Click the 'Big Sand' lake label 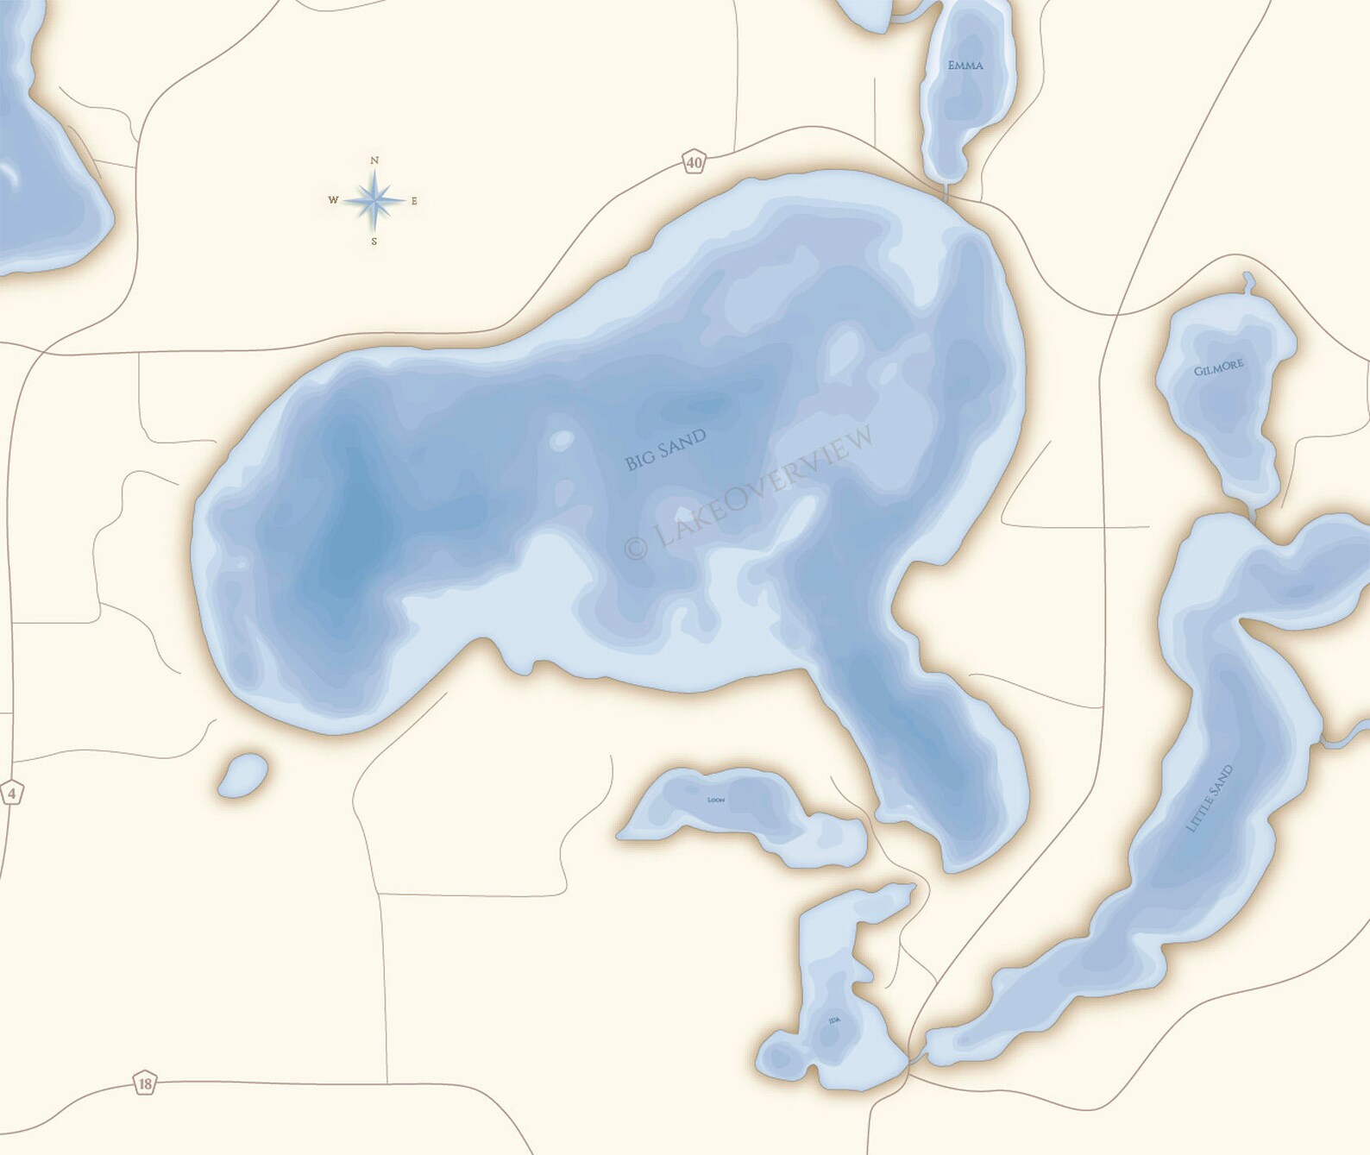pyautogui.click(x=665, y=449)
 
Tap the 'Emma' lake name pyautogui.click(x=965, y=66)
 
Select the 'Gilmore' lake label pyautogui.click(x=1218, y=367)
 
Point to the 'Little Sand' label pyautogui.click(x=1210, y=799)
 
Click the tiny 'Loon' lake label pyautogui.click(x=715, y=800)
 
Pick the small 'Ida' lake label pyautogui.click(x=834, y=1020)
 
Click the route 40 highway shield pyautogui.click(x=694, y=161)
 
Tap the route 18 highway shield pyautogui.click(x=145, y=1083)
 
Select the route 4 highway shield pyautogui.click(x=10, y=793)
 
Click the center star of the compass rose pyautogui.click(x=374, y=201)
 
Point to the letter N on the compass pyautogui.click(x=374, y=160)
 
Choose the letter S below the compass pyautogui.click(x=374, y=242)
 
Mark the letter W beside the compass pyautogui.click(x=333, y=200)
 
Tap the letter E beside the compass pyautogui.click(x=414, y=201)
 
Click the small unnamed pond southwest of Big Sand pyautogui.click(x=242, y=775)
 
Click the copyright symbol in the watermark pyautogui.click(x=635, y=547)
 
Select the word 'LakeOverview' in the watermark pyautogui.click(x=763, y=487)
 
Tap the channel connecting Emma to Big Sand pyautogui.click(x=946, y=191)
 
